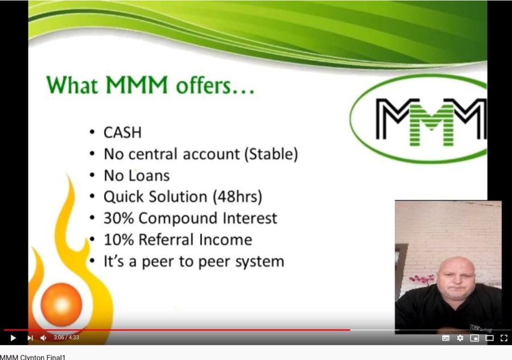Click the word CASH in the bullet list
(x=122, y=133)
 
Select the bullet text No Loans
(x=137, y=175)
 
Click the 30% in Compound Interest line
(x=118, y=218)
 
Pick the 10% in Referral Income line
(x=118, y=239)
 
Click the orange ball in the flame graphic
(x=61, y=304)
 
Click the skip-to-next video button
(x=30, y=338)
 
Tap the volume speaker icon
(x=43, y=338)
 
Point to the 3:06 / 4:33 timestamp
(x=67, y=338)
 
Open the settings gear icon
(x=460, y=338)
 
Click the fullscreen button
(x=503, y=338)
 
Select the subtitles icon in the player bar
(x=446, y=338)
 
